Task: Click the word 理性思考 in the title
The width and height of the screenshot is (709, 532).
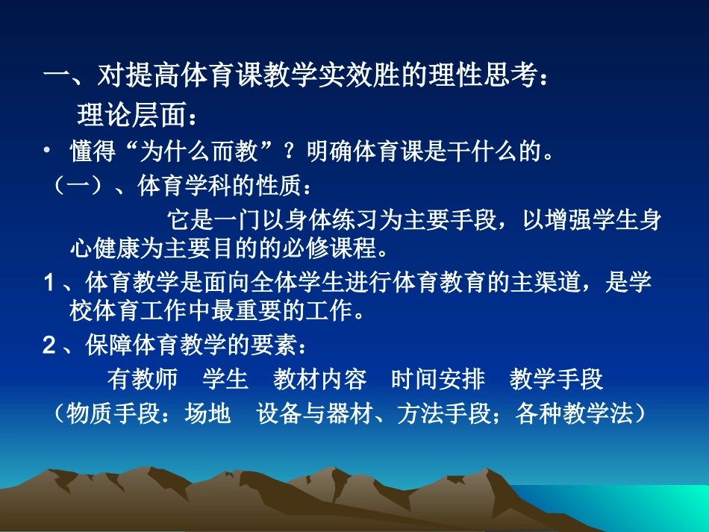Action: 491,76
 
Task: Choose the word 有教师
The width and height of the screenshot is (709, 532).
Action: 143,379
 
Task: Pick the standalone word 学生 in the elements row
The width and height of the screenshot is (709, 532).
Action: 225,379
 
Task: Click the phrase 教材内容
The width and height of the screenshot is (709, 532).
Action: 320,379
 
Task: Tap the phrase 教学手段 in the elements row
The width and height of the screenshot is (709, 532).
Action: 557,379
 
